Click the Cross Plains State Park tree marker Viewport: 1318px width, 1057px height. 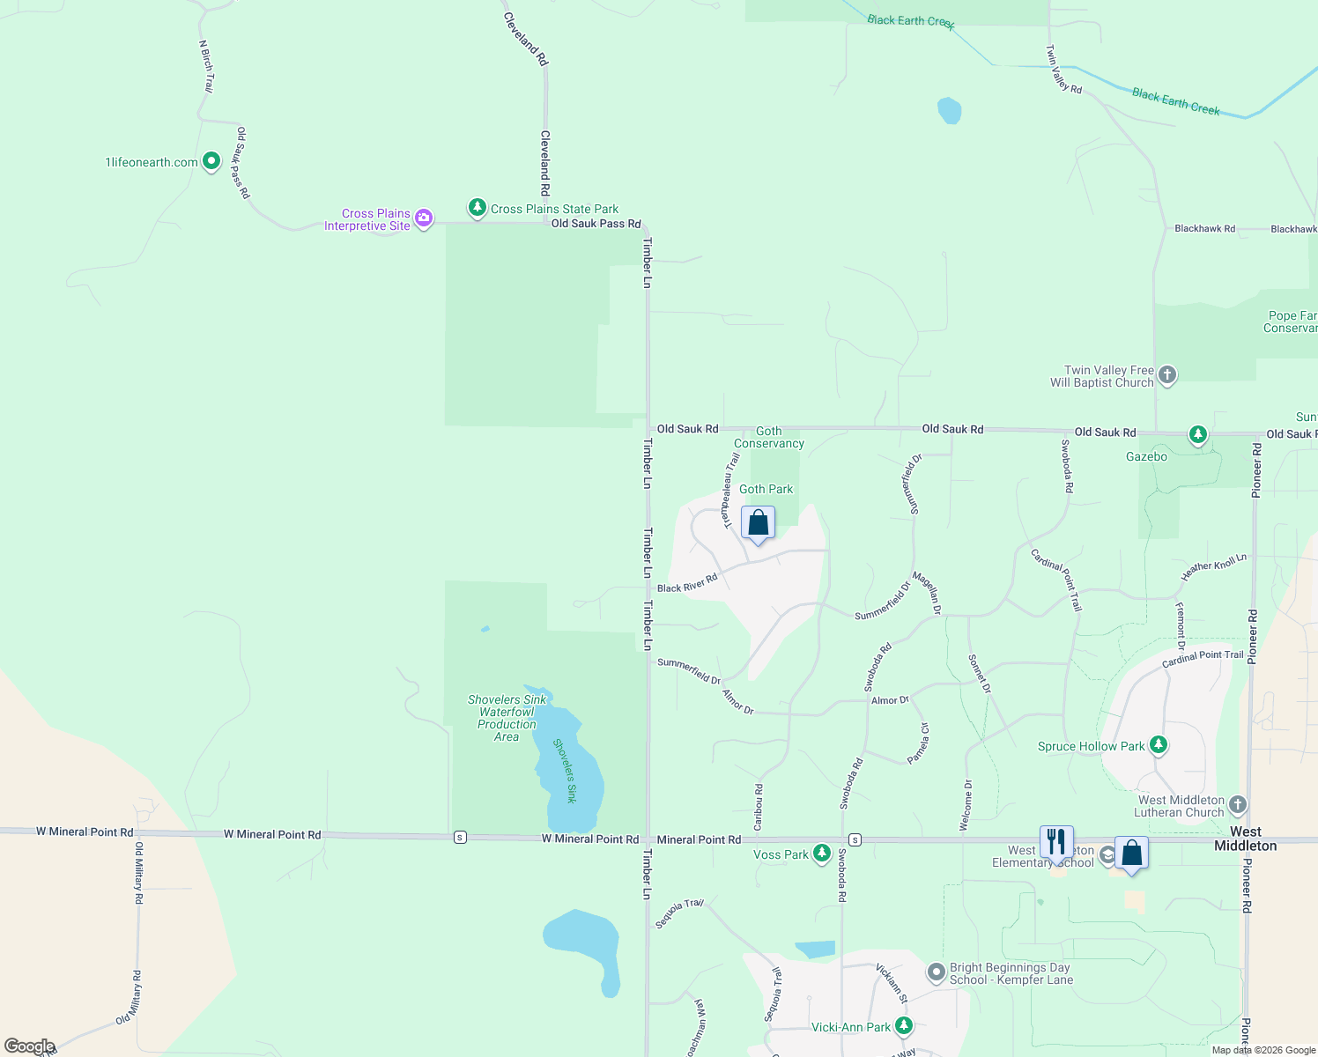point(477,208)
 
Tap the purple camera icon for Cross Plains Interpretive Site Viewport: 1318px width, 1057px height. point(424,218)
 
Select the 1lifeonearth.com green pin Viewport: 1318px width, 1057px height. point(211,161)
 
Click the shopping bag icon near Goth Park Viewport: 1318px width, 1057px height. point(758,523)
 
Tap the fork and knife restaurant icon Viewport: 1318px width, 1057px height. point(1056,842)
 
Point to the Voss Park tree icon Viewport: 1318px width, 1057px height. point(822,853)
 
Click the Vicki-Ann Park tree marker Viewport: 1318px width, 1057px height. point(903,1025)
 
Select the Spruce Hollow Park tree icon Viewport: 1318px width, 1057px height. point(1159,745)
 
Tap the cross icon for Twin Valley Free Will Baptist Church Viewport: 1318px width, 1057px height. point(1167,375)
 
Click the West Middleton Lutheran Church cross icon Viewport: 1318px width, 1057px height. point(1237,804)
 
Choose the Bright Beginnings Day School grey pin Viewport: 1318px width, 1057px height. point(936,972)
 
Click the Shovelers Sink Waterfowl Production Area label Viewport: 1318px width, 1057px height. point(507,718)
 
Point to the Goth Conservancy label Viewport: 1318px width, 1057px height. point(768,438)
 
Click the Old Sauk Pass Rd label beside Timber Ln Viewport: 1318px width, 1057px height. point(596,224)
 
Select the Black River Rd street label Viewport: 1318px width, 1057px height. point(687,583)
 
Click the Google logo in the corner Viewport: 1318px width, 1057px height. point(30,1046)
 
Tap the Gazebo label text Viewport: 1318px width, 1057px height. point(1146,456)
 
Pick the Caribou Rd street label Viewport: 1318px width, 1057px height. point(759,807)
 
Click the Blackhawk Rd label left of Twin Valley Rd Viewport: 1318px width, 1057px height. point(1204,229)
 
